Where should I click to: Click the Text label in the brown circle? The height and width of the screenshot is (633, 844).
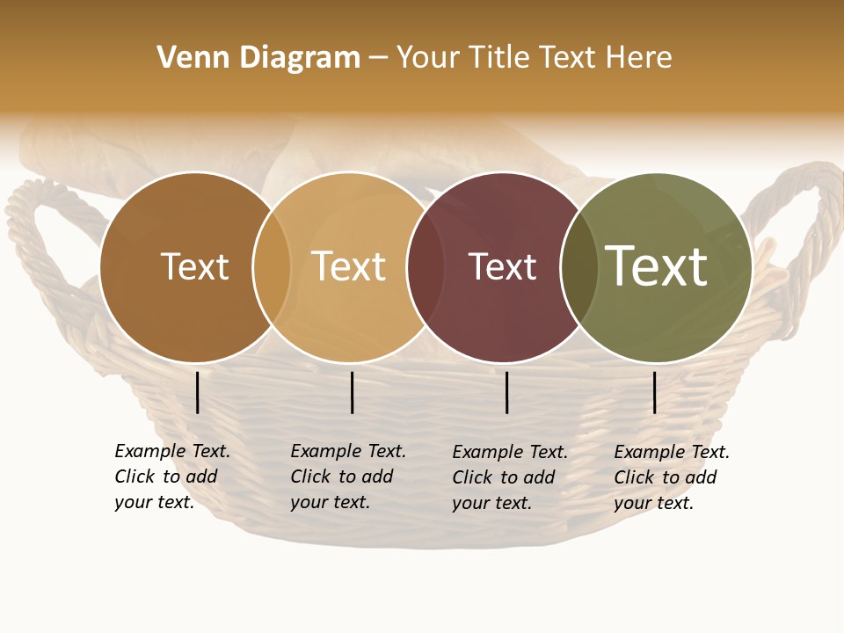[194, 266]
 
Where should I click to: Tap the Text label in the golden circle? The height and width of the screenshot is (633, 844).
[349, 266]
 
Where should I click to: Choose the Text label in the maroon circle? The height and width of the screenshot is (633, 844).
[502, 266]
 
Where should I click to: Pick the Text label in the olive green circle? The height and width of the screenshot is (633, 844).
[656, 266]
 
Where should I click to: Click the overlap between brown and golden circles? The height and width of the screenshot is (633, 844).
[272, 267]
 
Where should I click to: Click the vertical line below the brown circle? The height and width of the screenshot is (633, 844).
[198, 392]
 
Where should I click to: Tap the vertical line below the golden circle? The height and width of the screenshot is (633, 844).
[352, 392]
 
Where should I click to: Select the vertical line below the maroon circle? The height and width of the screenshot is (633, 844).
[507, 392]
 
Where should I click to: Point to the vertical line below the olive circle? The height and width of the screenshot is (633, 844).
[655, 392]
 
